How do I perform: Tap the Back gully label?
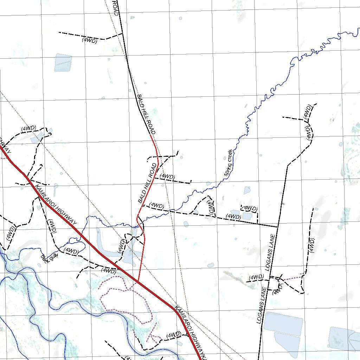[49, 259]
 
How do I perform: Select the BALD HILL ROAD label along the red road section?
[147, 183]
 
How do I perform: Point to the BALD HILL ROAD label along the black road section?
[146, 114]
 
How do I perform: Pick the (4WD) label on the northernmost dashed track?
[89, 40]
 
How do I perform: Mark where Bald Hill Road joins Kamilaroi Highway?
[138, 282]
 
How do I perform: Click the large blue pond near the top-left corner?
[63, 62]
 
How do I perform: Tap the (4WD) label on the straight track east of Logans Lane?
[311, 245]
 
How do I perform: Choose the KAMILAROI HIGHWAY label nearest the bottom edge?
[190, 329]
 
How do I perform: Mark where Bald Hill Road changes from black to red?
[151, 135]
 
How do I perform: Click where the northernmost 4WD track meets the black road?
[122, 34]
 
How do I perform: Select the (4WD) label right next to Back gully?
[71, 251]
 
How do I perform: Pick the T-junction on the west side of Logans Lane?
[278, 227]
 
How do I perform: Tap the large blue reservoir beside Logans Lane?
[283, 324]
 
